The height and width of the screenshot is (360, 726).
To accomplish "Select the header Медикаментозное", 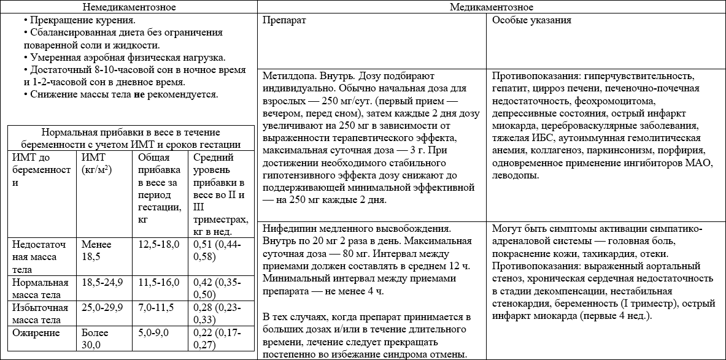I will point(492,7).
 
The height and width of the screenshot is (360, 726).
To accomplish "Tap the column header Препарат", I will point(285,20).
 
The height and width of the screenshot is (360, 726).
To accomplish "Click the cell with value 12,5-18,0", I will point(160,244).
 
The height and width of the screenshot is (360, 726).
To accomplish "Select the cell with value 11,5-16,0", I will point(160,282).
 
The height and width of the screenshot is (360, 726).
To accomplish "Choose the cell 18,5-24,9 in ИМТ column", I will point(102,282).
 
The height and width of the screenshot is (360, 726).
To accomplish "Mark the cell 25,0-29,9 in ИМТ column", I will point(102,307).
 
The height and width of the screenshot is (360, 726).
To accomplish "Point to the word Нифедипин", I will point(286,228).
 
